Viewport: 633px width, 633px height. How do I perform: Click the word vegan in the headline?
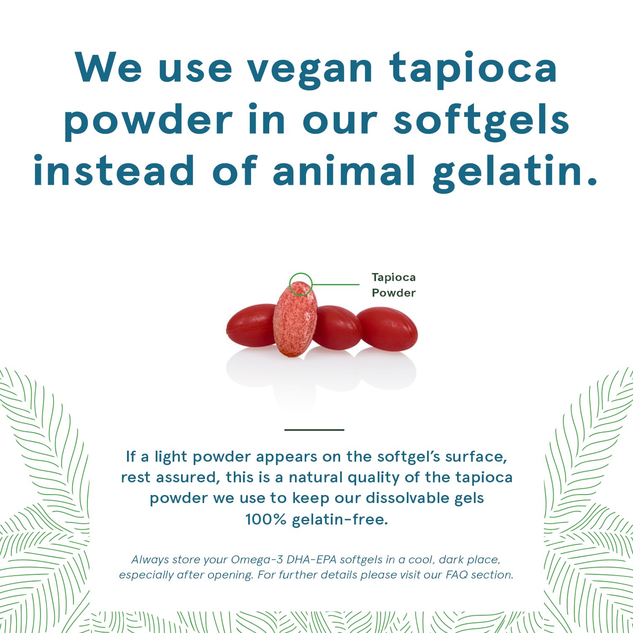click(x=310, y=70)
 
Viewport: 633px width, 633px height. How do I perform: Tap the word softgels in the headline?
click(x=482, y=120)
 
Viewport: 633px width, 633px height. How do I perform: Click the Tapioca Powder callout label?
click(x=393, y=285)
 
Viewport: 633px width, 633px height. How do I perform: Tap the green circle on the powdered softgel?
click(x=300, y=284)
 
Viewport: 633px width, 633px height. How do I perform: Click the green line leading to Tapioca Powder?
click(x=335, y=284)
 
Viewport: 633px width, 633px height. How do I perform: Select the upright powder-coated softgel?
click(x=295, y=321)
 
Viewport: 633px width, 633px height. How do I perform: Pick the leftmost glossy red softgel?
click(x=251, y=325)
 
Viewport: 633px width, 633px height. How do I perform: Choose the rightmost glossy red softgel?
click(x=387, y=329)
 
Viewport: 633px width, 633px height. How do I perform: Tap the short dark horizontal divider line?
click(x=314, y=430)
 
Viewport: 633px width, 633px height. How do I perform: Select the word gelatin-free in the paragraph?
click(x=339, y=519)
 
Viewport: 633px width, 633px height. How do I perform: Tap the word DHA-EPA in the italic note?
click(x=311, y=560)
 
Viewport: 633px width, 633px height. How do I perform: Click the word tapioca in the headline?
click(x=473, y=70)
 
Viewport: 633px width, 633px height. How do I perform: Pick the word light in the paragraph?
click(x=170, y=457)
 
